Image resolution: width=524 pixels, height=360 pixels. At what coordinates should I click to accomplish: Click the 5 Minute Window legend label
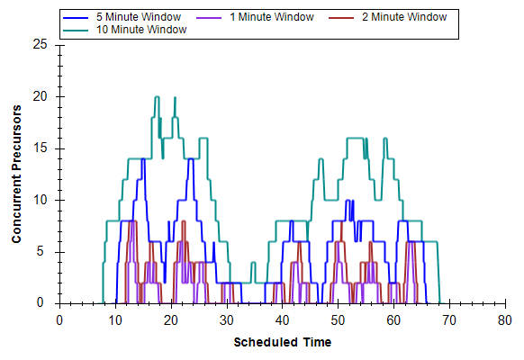[x=139, y=17]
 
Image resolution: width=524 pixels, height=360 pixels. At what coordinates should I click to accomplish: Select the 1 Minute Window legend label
[x=272, y=17]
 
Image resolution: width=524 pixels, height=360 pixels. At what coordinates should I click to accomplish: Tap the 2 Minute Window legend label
[x=404, y=17]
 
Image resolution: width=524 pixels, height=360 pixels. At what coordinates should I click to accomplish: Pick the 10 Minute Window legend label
[x=141, y=30]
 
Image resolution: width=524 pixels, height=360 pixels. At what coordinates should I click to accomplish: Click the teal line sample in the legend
[x=76, y=31]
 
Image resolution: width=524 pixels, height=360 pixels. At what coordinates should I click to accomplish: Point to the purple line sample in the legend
[x=209, y=18]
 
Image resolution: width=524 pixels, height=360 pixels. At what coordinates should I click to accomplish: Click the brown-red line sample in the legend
[x=341, y=18]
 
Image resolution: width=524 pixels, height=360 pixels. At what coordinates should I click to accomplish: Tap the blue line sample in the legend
[x=76, y=18]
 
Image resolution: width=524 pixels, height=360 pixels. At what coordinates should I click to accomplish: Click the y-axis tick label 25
[x=41, y=44]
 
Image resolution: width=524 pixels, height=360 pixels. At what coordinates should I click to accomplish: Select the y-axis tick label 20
[x=41, y=96]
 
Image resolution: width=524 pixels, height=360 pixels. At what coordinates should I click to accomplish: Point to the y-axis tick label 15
[x=41, y=148]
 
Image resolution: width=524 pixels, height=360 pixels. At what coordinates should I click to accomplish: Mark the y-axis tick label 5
[x=41, y=251]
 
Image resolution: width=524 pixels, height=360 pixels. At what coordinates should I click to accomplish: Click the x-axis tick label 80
[x=504, y=320]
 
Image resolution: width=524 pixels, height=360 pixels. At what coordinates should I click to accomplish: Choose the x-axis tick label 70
[x=449, y=320]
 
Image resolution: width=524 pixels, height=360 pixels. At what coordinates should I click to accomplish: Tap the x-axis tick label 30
[x=227, y=320]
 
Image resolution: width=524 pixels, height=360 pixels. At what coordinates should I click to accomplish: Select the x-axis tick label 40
[x=282, y=320]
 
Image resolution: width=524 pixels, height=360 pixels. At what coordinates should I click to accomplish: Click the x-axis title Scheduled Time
[x=283, y=342]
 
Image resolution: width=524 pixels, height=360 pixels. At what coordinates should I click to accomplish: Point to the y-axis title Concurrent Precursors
[x=16, y=174]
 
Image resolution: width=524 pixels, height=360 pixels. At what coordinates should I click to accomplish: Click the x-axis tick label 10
[x=115, y=320]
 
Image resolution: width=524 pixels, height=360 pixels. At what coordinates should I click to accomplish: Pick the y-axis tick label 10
[x=41, y=200]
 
